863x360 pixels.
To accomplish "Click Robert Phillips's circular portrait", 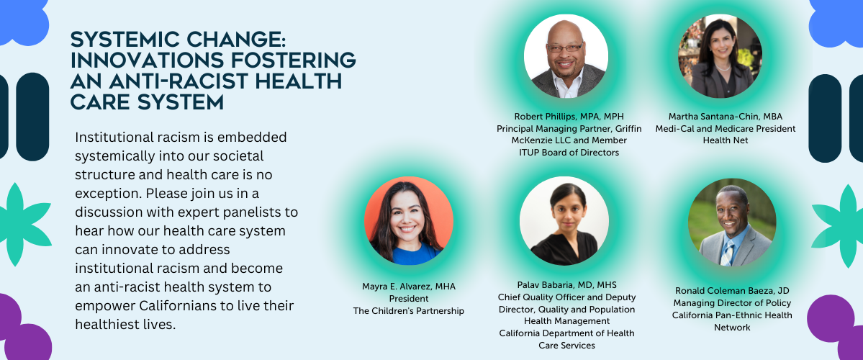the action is [566, 56].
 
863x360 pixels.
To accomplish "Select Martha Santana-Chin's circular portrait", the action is [720, 56].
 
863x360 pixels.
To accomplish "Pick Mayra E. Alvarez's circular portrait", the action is [408, 221].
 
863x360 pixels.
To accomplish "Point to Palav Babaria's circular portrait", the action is [564, 221].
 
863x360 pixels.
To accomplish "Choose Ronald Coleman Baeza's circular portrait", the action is [732, 222].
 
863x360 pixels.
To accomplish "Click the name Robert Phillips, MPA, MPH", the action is [569, 116].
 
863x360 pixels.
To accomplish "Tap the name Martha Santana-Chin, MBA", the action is [726, 116].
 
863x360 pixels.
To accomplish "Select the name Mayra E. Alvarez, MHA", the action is [408, 287].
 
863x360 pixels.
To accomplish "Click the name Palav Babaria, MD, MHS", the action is [567, 284].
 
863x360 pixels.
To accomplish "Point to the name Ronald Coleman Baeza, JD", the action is [732, 291].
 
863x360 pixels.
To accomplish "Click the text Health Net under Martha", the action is [726, 140].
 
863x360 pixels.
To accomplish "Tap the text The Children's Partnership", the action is [408, 311].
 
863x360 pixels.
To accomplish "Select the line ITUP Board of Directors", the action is [569, 153].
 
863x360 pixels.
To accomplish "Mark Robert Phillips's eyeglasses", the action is [565, 48].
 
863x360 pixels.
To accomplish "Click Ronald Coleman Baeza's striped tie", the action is [727, 253].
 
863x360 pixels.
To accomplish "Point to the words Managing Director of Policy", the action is [732, 302].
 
